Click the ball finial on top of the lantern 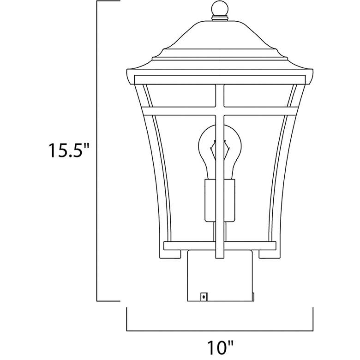(x=220, y=9)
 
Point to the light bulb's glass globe (x=220, y=147)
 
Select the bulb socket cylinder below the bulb (x=220, y=200)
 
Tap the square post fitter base (x=220, y=276)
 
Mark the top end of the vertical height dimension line (x=97, y=1)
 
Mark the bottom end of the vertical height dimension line (x=97, y=301)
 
